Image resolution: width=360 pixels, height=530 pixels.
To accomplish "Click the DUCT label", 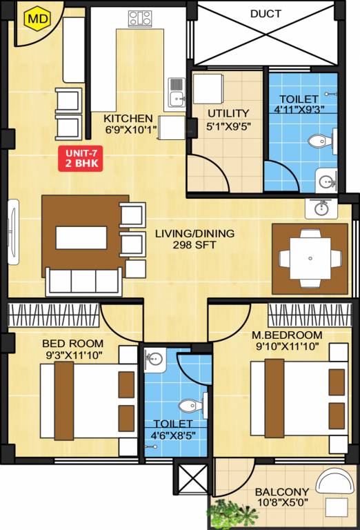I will [266, 13].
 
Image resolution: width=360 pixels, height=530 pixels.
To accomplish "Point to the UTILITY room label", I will [228, 112].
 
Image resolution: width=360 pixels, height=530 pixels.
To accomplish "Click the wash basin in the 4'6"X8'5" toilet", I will [154, 359].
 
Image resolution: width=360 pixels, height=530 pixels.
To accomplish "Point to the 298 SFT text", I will [194, 245].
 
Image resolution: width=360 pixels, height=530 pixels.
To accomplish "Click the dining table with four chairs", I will [310, 258].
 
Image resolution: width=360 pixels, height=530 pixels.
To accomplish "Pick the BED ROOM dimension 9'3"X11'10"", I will [72, 355].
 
